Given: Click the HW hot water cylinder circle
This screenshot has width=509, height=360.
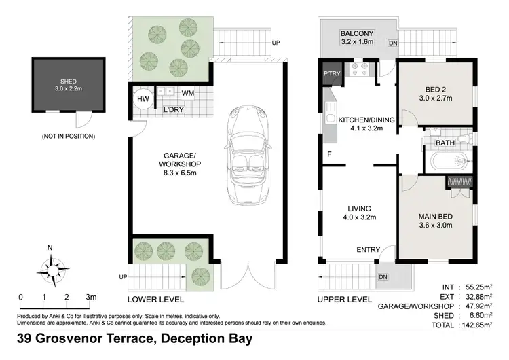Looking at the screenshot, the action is click(x=143, y=99).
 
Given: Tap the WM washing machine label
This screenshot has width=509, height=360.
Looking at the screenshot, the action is click(x=187, y=93).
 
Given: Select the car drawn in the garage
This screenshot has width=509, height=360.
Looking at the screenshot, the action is click(x=248, y=155).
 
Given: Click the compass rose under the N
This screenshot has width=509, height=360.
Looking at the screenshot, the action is click(x=53, y=270).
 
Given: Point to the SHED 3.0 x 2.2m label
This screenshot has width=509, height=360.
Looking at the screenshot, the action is click(x=69, y=85).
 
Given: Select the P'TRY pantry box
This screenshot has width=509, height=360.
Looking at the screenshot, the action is click(x=332, y=74).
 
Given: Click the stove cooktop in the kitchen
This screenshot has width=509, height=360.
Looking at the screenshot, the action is click(x=359, y=69).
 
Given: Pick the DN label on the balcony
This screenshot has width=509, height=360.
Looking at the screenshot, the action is click(x=393, y=43).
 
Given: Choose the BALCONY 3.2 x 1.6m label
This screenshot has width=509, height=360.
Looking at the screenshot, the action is click(x=357, y=37).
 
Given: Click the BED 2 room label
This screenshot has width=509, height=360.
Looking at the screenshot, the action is click(x=436, y=94).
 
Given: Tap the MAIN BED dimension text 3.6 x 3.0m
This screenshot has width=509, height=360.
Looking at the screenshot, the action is click(x=436, y=225).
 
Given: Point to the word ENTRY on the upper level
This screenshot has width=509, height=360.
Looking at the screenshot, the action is click(x=368, y=249).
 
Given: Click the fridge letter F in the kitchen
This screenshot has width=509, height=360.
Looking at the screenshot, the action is click(x=329, y=154).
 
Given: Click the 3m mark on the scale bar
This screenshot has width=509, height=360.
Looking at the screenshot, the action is click(x=91, y=297).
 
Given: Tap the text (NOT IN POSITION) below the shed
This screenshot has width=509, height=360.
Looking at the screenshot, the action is click(x=69, y=136).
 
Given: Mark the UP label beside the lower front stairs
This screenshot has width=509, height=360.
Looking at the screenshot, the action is click(x=123, y=277).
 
